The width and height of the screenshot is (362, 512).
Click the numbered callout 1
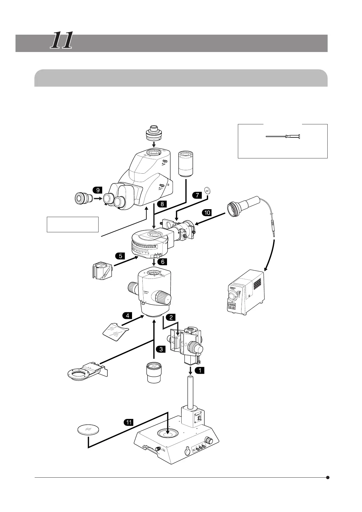tap(200, 370)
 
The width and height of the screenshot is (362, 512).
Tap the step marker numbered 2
tap(171, 317)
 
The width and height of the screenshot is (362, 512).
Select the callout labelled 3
tap(161, 349)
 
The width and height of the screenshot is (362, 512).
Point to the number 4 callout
tap(127, 316)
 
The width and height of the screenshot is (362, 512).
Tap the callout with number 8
tap(162, 204)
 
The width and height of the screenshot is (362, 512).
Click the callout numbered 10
tap(207, 213)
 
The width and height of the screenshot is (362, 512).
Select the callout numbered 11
tap(129, 422)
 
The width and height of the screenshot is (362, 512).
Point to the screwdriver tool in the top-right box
tap(283, 137)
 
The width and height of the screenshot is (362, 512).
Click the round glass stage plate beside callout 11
tap(88, 430)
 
